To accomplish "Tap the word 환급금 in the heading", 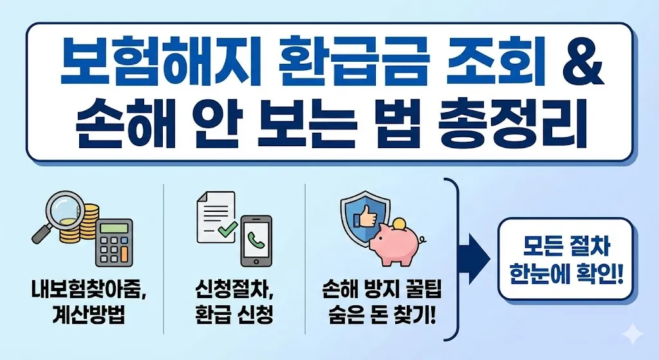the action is coord(349,63).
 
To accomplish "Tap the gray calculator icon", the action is coord(114,243).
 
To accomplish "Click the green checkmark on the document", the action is coord(227,229).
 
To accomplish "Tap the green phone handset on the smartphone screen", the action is coord(255,240).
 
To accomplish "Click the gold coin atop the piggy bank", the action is coord(400,222).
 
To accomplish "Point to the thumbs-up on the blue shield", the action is coord(362,216).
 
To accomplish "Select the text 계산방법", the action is coord(89,314).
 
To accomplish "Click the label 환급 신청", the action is coord(234,314).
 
